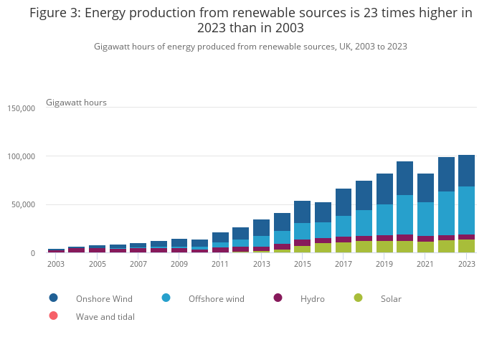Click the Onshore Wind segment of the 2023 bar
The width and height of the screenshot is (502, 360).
pos(466,171)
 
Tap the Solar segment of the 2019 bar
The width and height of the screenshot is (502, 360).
pos(384,247)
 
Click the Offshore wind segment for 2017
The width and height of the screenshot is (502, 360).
pos(344,226)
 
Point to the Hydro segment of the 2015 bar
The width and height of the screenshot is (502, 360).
pos(302,242)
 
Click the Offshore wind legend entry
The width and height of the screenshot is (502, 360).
pos(216,298)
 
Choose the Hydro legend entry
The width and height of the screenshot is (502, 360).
pos(313,298)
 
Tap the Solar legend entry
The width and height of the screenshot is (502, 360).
pos(391,298)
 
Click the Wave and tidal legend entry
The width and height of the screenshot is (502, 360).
pos(105,316)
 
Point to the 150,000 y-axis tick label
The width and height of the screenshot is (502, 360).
pos(21,108)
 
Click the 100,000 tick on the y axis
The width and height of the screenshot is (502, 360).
pos(21,156)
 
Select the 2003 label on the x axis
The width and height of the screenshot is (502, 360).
pos(56,264)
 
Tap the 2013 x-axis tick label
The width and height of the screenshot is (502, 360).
pos(261,264)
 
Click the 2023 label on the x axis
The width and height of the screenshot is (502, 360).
pos(467,264)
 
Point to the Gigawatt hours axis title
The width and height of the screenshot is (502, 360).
pos(76,103)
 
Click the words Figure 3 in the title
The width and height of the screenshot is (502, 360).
pos(54,14)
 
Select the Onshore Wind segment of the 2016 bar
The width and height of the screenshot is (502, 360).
pos(323,212)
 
